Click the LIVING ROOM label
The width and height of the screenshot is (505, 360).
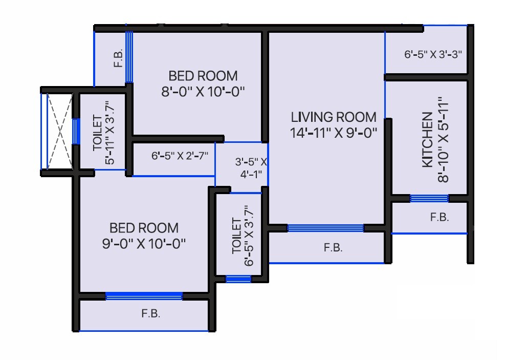[x=334, y=117]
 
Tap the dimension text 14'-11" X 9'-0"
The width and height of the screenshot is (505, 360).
[x=334, y=133]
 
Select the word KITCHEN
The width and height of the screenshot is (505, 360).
[x=427, y=140]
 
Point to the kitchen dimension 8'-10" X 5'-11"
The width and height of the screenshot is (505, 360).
[x=443, y=140]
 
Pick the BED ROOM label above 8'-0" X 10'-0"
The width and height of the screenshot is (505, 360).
[x=203, y=76]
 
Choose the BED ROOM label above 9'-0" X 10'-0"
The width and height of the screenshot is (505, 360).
[x=144, y=227]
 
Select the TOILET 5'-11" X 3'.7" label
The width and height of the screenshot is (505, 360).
[x=103, y=133]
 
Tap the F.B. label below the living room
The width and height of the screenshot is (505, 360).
[x=333, y=248]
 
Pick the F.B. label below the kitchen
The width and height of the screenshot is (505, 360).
[x=439, y=217]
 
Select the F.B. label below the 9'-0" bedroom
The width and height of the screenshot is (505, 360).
[x=151, y=314]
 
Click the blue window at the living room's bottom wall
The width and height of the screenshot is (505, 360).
[x=325, y=228]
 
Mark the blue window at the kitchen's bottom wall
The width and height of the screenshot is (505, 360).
[x=429, y=198]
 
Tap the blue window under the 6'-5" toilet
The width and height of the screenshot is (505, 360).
[x=238, y=279]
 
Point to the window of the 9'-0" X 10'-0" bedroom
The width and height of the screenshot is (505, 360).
[x=144, y=296]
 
